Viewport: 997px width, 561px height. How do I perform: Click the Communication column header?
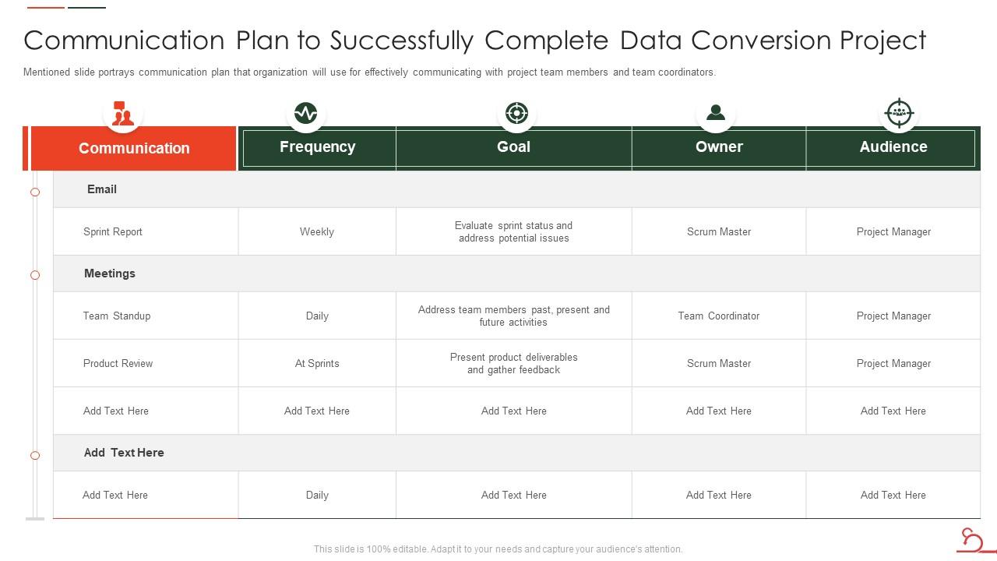point(134,148)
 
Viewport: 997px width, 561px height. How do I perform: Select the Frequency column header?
point(317,146)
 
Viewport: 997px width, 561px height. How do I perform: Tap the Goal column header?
point(513,146)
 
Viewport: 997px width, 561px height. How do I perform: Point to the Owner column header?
point(719,146)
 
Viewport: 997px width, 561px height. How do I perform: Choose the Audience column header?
point(893,146)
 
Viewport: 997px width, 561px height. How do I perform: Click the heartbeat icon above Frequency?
point(305,113)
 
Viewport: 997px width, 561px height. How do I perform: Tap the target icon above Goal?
point(516,113)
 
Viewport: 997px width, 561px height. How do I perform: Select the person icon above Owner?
point(715,113)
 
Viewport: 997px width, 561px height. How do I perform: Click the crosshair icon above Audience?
point(899,113)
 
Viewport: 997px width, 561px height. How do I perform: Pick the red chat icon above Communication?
point(122,114)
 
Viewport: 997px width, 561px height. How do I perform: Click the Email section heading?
point(102,189)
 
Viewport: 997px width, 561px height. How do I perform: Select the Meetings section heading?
point(110,273)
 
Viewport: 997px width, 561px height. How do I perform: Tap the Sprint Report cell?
point(113,231)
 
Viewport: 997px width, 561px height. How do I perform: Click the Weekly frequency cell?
point(317,231)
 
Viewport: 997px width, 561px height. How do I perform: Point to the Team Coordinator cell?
point(718,316)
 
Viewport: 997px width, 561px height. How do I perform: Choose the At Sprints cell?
point(317,363)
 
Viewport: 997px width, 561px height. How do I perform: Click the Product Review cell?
point(118,363)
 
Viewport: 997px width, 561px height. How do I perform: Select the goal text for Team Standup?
point(513,316)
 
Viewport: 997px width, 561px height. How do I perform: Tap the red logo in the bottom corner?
point(972,539)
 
